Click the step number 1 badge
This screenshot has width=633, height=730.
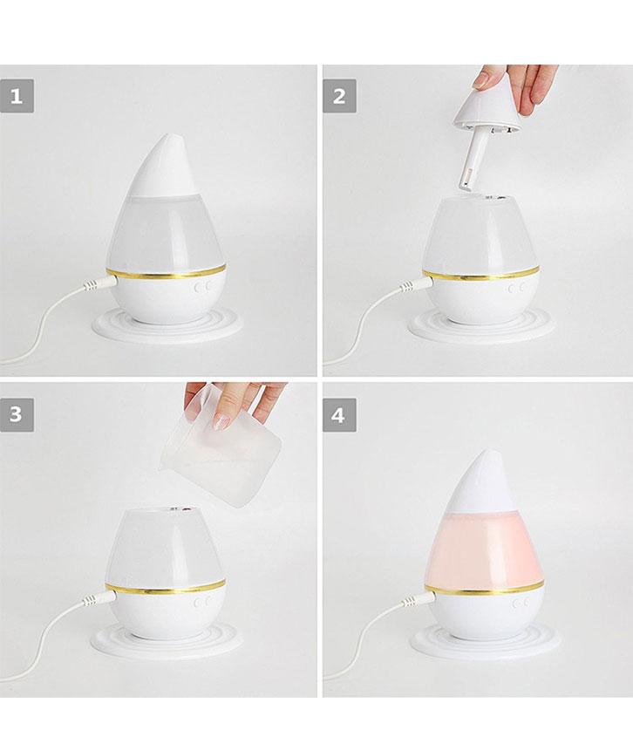click(x=17, y=96)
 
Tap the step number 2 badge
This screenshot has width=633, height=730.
click(x=339, y=96)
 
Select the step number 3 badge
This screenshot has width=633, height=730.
click(x=17, y=414)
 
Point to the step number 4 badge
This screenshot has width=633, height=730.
click(x=339, y=414)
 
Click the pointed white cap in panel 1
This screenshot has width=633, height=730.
click(x=160, y=167)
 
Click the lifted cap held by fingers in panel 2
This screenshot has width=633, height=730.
click(x=487, y=106)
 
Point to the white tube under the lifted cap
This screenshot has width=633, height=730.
click(x=471, y=157)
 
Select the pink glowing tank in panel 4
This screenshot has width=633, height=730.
click(x=484, y=549)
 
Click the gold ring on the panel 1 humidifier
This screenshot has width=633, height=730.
click(x=166, y=272)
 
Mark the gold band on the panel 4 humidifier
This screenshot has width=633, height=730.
click(x=484, y=588)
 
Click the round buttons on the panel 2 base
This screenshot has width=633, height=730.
click(x=517, y=288)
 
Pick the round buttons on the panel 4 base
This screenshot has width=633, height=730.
click(x=521, y=604)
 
